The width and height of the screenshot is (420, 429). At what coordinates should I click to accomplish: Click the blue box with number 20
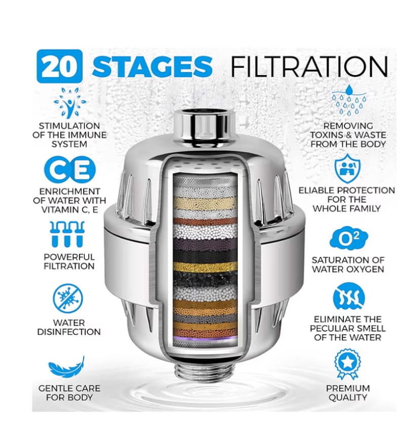pyautogui.click(x=59, y=66)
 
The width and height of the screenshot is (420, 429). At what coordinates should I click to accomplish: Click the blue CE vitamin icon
pyautogui.click(x=69, y=170)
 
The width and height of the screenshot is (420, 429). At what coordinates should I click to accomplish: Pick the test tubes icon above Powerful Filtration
pyautogui.click(x=69, y=234)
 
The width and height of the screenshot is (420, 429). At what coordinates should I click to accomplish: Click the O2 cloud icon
pyautogui.click(x=348, y=238)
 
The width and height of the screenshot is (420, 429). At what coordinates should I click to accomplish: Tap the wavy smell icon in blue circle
pyautogui.click(x=348, y=298)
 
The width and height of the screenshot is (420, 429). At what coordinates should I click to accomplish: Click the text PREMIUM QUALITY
pyautogui.click(x=348, y=393)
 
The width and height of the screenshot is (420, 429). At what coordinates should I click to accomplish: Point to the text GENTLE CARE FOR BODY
pyautogui.click(x=69, y=393)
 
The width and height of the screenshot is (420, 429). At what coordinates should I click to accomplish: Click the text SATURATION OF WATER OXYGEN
pyautogui.click(x=348, y=265)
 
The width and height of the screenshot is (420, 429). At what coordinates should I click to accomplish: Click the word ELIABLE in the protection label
pyautogui.click(x=317, y=190)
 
